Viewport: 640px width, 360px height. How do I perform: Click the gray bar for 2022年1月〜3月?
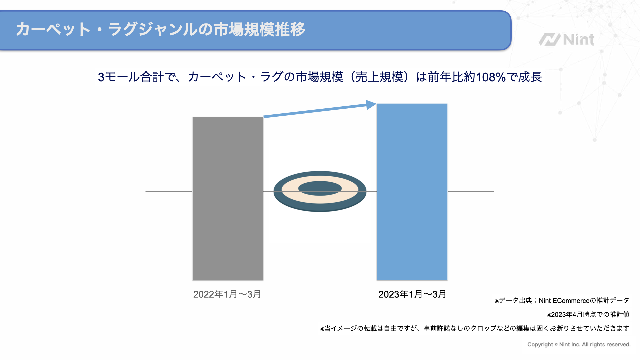tap(228, 198)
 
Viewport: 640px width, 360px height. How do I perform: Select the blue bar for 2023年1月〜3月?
tap(412, 192)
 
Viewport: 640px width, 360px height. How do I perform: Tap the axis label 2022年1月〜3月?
tap(227, 294)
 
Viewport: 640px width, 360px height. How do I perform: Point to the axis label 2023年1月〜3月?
tap(412, 294)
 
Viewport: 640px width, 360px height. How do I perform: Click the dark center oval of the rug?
tap(320, 188)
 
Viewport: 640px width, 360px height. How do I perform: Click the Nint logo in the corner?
tap(567, 40)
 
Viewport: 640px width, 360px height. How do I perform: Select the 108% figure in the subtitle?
tap(491, 77)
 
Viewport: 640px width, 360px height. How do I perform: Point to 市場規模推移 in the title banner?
tap(259, 29)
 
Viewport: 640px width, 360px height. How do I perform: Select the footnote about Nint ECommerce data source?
tap(562, 301)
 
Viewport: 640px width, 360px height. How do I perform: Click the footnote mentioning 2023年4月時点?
tap(588, 315)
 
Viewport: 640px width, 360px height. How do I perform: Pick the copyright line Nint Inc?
tap(579, 345)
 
